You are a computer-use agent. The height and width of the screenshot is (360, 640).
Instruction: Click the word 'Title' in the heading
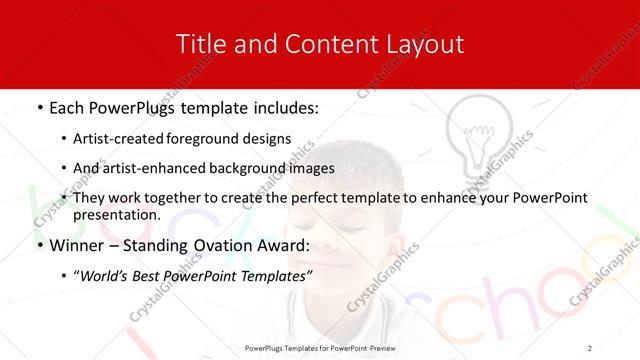coord(198,44)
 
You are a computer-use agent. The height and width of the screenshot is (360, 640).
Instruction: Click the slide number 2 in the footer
coord(590,347)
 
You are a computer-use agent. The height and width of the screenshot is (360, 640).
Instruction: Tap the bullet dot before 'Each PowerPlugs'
coord(39,106)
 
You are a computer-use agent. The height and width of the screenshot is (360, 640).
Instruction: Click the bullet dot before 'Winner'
coord(39,246)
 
